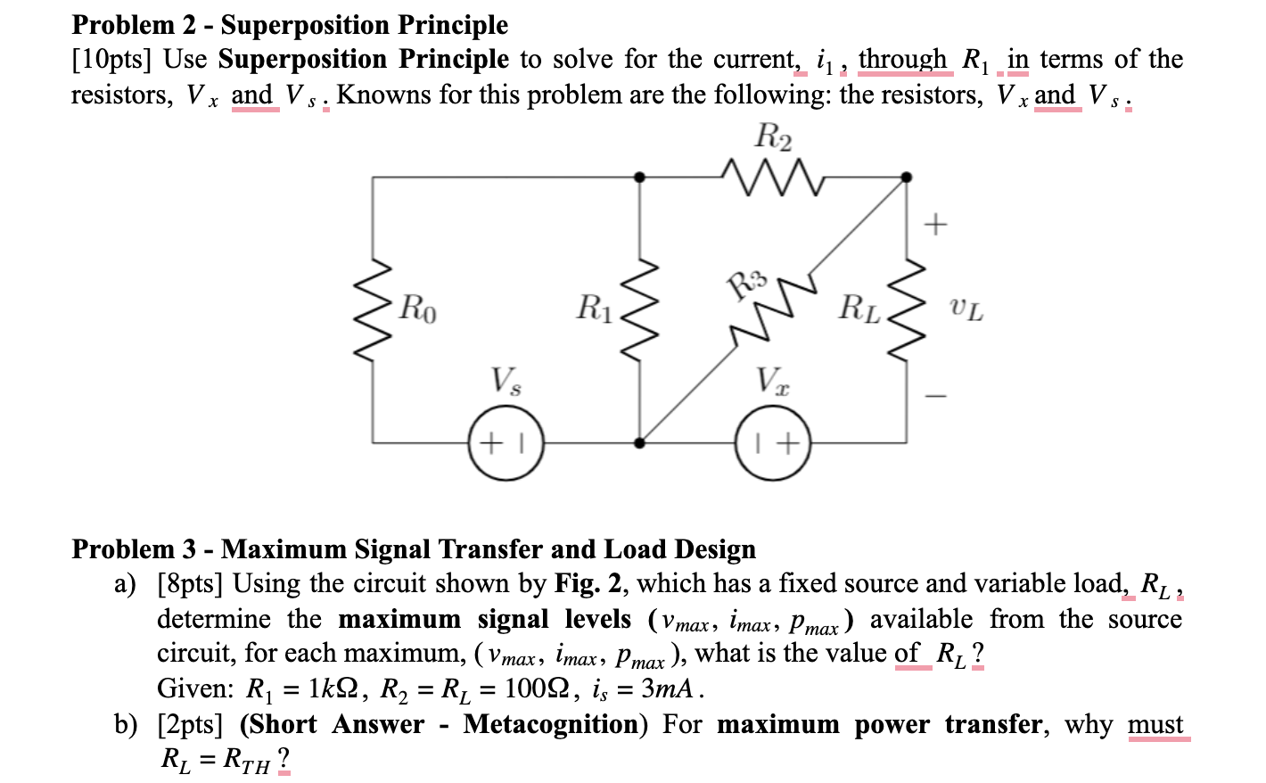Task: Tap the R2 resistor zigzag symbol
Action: pos(773,177)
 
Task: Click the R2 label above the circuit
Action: pos(774,137)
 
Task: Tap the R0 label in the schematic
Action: pos(418,309)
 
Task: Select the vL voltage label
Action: pos(967,309)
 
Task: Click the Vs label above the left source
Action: pos(506,381)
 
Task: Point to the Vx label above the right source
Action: pos(773,381)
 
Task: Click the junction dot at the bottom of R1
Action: pos(640,443)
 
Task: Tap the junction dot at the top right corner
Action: pos(907,177)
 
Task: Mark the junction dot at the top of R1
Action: pos(640,177)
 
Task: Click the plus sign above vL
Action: pos(935,225)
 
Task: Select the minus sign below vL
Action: pos(935,396)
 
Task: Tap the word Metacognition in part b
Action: pos(551,724)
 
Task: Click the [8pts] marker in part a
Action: pos(190,584)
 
